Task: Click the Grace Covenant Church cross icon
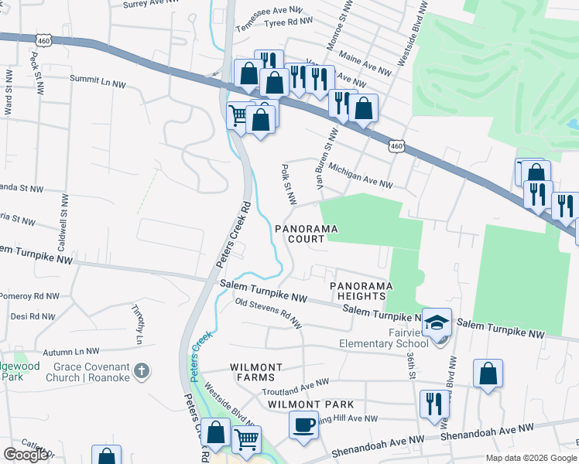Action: tap(140, 371)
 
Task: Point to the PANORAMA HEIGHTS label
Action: tap(358, 291)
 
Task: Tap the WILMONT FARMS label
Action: tap(252, 372)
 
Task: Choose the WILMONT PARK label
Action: tap(311, 404)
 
